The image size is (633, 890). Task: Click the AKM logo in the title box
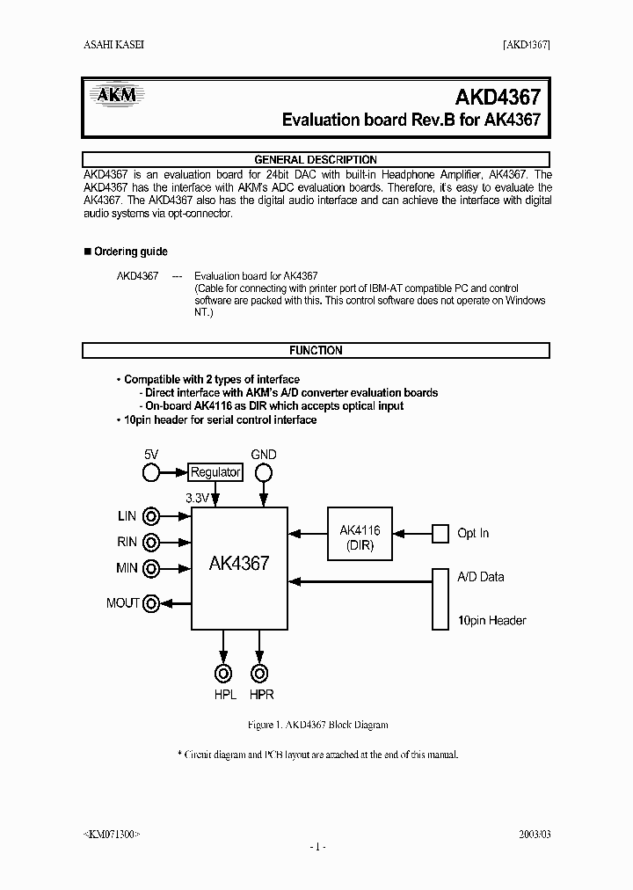pos(117,95)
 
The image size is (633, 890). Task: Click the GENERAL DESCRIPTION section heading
pos(316,160)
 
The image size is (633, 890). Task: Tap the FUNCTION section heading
pos(316,350)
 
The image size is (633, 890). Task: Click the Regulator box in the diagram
pos(215,472)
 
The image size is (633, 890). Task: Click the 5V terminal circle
pos(152,473)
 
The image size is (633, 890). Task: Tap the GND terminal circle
pos(263,473)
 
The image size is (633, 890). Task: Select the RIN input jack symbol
pos(152,543)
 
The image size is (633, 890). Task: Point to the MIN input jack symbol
pos(152,568)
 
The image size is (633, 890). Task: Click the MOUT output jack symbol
pos(152,603)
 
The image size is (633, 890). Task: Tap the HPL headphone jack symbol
pos(224,675)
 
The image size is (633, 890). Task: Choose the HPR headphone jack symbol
pos(259,675)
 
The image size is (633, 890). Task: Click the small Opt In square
pos(440,533)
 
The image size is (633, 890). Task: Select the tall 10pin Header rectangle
pos(440,599)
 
